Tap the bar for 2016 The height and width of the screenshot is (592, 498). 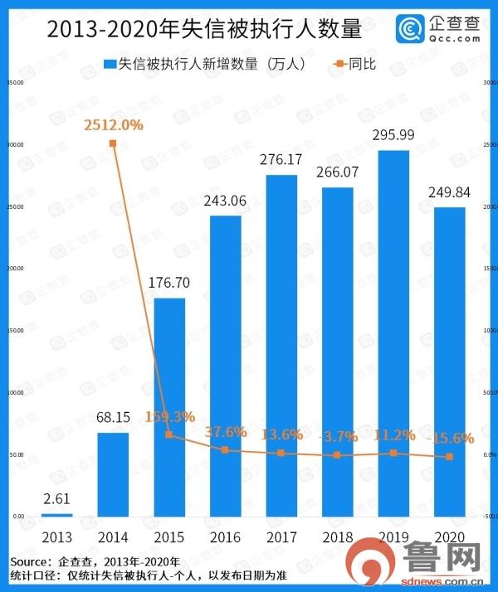225,366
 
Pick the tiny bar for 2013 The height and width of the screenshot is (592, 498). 56,515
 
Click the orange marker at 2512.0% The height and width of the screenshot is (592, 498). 112,143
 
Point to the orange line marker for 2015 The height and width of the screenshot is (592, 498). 168,434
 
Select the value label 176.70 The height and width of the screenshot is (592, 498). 169,283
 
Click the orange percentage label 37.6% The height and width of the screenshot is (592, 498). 225,431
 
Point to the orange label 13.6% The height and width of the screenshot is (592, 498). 281,434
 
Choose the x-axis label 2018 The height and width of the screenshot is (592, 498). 338,536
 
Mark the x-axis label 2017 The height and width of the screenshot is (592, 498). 281,536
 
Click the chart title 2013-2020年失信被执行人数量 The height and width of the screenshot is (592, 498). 204,30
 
